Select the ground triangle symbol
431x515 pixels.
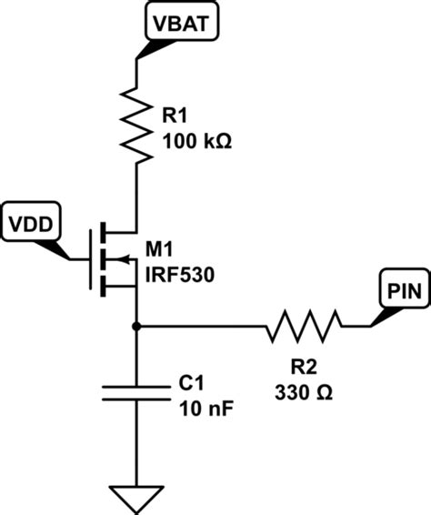pos(135,498)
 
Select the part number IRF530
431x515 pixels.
pos(189,275)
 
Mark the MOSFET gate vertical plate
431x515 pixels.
pos(90,258)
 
